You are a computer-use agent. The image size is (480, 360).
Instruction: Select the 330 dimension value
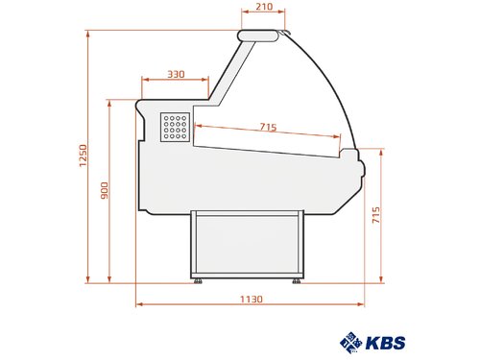pos(176,74)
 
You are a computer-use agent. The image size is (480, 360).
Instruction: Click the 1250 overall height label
pos(84,156)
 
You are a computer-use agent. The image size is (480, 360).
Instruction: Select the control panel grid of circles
pos(175,125)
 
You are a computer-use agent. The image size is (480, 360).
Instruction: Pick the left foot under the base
pos(198,280)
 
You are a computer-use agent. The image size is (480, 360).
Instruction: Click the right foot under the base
pos(296,280)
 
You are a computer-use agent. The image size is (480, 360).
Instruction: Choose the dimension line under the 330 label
pos(176,82)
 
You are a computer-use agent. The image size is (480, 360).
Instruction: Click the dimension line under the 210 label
pos(255,19)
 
